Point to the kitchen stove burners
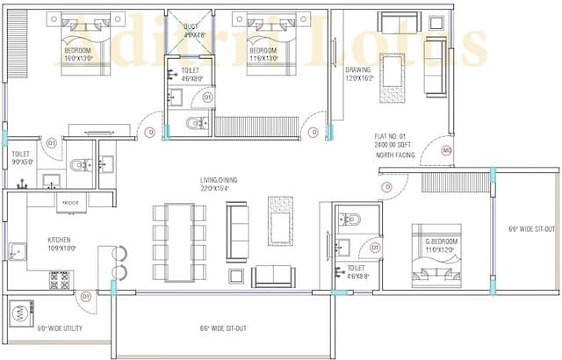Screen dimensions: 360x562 click(59, 279)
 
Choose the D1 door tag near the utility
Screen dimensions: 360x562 click(86, 297)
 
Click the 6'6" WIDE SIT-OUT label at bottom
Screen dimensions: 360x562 click(223, 329)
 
